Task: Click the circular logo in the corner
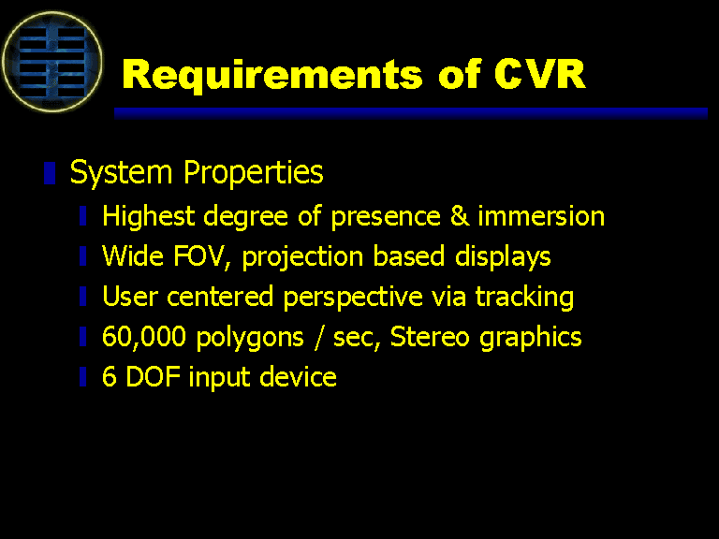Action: pos(52,62)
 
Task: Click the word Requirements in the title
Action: pos(271,75)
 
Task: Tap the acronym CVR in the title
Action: pos(539,74)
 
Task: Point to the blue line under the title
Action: pos(411,113)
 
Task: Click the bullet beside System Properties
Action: pos(50,173)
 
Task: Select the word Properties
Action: pos(253,174)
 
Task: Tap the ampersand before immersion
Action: pos(460,216)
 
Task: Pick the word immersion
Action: pos(541,216)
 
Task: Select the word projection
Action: pos(302,256)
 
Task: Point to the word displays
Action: pos(503,256)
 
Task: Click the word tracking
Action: pos(524,297)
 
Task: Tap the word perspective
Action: pos(353,297)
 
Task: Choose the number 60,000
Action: pos(144,337)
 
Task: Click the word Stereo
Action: pos(429,337)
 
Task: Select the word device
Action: pos(298,376)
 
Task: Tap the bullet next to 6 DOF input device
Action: pos(83,377)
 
